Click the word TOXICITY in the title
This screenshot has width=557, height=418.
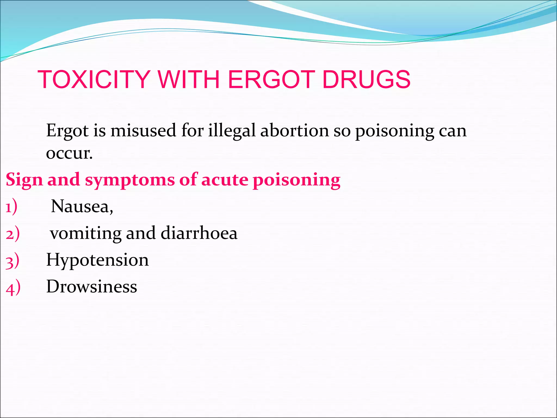[94, 79]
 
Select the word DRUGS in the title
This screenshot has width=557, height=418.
[366, 79]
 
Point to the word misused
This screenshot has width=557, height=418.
[143, 131]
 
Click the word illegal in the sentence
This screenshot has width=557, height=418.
[232, 131]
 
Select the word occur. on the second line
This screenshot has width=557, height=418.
[69, 153]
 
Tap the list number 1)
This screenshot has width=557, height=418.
[11, 207]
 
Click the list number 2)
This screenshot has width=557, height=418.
[13, 234]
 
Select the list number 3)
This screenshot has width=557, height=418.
[12, 261]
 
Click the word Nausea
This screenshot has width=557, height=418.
[82, 206]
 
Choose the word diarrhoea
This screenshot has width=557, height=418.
[199, 233]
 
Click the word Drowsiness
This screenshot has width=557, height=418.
[92, 287]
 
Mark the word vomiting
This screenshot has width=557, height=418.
[85, 234]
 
